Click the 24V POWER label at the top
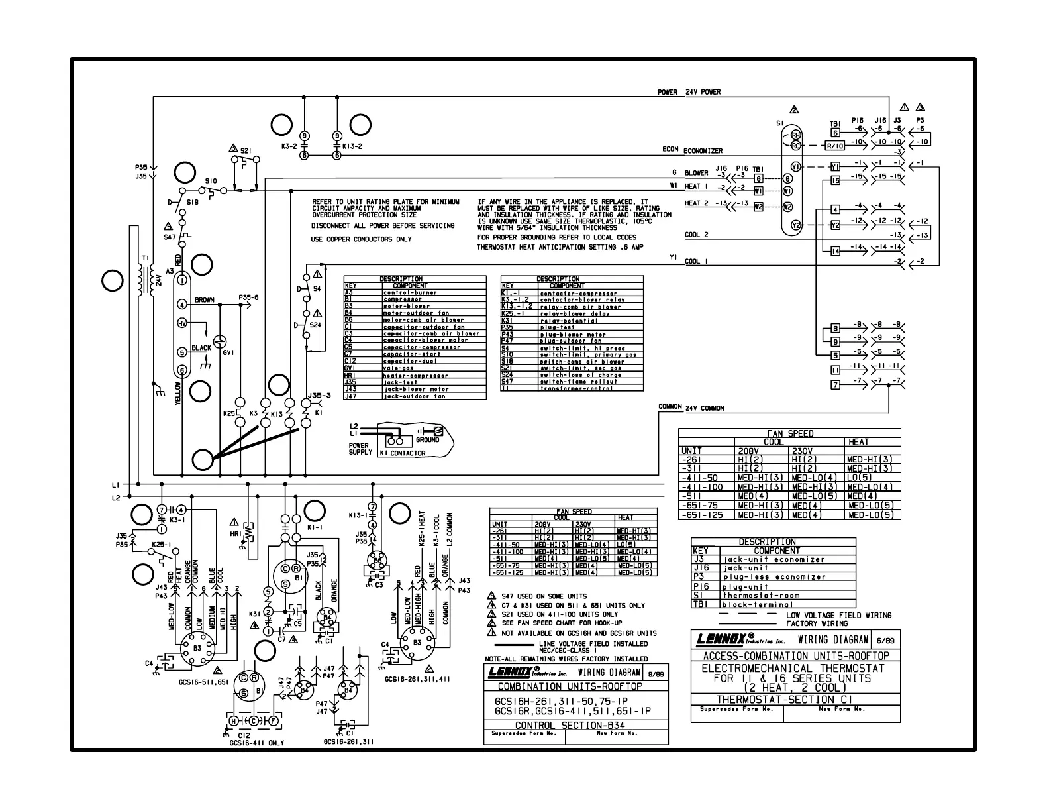pyautogui.click(x=703, y=92)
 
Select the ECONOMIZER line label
pyautogui.click(x=703, y=151)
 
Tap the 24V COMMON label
pyautogui.click(x=705, y=408)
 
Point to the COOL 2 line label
pyautogui.click(x=696, y=235)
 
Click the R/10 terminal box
pyautogui.click(x=834, y=146)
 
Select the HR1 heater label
pyautogui.click(x=236, y=533)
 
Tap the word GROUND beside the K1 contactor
pyautogui.click(x=427, y=440)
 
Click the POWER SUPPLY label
pyautogui.click(x=359, y=449)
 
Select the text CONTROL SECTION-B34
pyautogui.click(x=575, y=725)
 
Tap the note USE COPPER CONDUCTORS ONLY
pyautogui.click(x=361, y=239)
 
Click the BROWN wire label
pyautogui.click(x=204, y=300)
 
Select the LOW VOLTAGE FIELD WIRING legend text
pyautogui.click(x=838, y=615)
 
